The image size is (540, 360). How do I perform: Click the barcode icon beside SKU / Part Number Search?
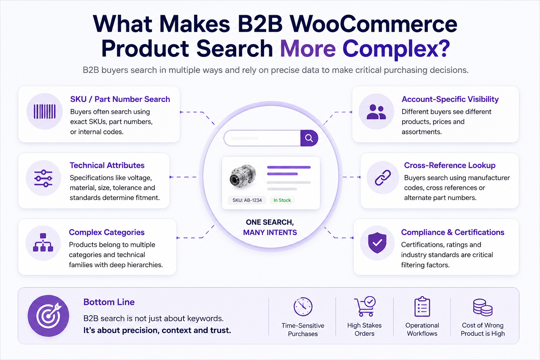[x=45, y=111]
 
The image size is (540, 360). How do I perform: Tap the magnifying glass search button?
[x=309, y=138]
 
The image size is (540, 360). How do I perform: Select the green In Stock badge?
[x=282, y=200]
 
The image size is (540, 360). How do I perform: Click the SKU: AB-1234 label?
[x=247, y=200]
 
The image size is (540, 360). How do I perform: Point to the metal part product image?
[x=243, y=176]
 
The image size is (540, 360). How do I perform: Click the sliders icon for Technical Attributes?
[x=43, y=179]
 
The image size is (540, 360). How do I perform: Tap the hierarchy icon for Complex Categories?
[x=43, y=243]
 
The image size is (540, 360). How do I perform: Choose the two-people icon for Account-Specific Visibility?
[x=376, y=112]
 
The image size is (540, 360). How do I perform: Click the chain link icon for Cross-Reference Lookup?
[x=383, y=178]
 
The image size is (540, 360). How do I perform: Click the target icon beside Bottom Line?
[x=49, y=316]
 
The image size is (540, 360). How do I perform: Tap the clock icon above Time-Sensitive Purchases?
[x=303, y=307]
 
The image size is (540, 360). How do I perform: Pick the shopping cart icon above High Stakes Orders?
[x=365, y=306]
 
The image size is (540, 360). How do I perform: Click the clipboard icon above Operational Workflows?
[x=422, y=307]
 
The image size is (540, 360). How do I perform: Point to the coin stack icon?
[x=483, y=307]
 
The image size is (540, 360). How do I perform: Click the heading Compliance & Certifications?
[x=452, y=232]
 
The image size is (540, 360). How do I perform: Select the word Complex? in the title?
[x=396, y=49]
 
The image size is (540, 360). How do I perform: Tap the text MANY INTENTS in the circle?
[x=270, y=232]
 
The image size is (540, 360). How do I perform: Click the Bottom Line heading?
[x=109, y=302]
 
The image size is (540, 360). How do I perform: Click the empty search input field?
[x=262, y=138]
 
